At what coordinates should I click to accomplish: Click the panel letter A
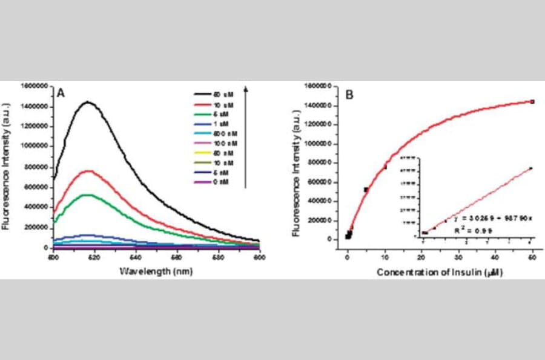[x=61, y=94]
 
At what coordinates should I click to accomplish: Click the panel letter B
[x=349, y=95]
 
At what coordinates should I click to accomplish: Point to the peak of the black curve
[x=88, y=102]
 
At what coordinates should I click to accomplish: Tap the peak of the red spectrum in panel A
[x=89, y=171]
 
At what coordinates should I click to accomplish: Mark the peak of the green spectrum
[x=88, y=195]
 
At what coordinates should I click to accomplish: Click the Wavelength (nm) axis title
[x=156, y=272]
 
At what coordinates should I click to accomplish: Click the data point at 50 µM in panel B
[x=532, y=102]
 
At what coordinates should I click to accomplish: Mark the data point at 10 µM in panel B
[x=385, y=167]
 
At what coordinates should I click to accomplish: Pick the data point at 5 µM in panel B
[x=366, y=190]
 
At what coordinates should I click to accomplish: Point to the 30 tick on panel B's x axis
[x=458, y=256]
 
